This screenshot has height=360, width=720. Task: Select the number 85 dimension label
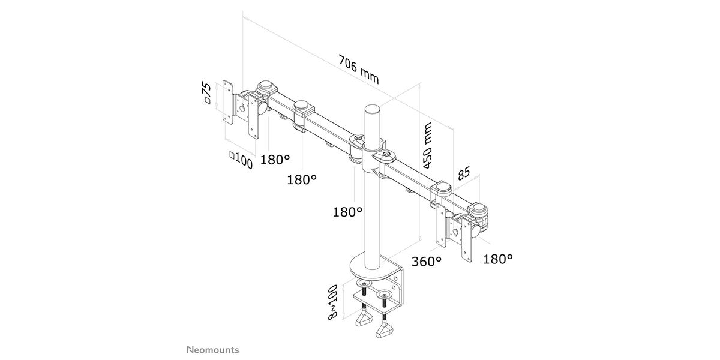(x=463, y=175)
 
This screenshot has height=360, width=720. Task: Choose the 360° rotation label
(x=427, y=262)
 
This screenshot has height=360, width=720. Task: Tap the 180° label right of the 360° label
(x=498, y=259)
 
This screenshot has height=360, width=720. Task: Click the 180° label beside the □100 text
(x=275, y=160)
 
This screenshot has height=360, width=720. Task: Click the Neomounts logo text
(x=211, y=349)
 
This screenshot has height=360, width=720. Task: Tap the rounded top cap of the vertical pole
(x=373, y=111)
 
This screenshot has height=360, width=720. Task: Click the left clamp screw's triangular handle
(x=364, y=323)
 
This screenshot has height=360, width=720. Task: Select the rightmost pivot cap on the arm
(x=479, y=210)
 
